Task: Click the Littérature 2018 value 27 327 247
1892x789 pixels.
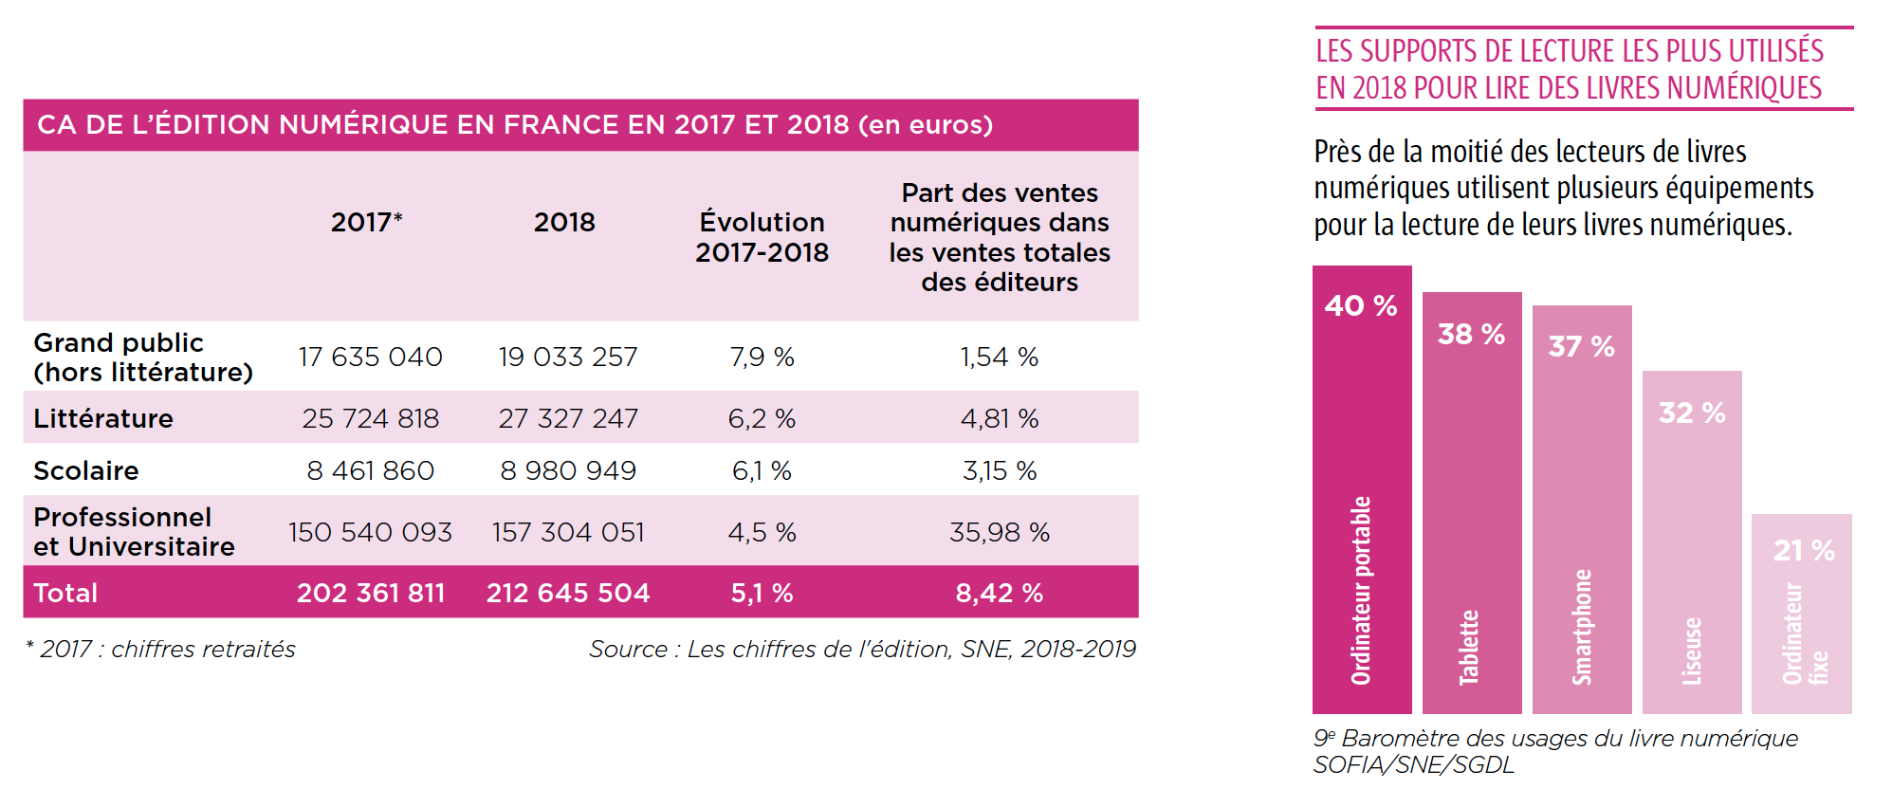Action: pos(568,418)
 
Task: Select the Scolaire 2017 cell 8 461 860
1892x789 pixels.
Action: pos(370,470)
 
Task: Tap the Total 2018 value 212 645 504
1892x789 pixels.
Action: pos(568,593)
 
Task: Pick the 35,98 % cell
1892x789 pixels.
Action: pos(999,532)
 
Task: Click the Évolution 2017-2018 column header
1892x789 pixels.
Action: pos(762,237)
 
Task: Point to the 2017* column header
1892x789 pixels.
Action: pos(366,222)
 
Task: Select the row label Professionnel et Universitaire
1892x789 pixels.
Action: pos(134,532)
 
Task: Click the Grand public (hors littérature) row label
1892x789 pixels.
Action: pos(143,358)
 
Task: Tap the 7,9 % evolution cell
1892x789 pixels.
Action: pos(762,358)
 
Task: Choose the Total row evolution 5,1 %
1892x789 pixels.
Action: pos(762,593)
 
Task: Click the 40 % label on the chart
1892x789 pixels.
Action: pos(1361,305)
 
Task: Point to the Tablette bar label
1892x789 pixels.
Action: pos(1469,647)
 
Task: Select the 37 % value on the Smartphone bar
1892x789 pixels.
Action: pos(1581,346)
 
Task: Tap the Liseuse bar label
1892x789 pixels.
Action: pos(1692,651)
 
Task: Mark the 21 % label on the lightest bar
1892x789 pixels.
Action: pos(1804,550)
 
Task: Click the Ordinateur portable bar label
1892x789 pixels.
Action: pos(1361,590)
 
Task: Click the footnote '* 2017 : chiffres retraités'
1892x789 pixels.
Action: pos(160,650)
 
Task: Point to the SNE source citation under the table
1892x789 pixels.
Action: pos(862,650)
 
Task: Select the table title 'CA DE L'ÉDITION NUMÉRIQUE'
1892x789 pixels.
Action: pos(515,125)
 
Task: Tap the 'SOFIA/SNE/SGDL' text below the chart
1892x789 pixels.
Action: pos(1414,765)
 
